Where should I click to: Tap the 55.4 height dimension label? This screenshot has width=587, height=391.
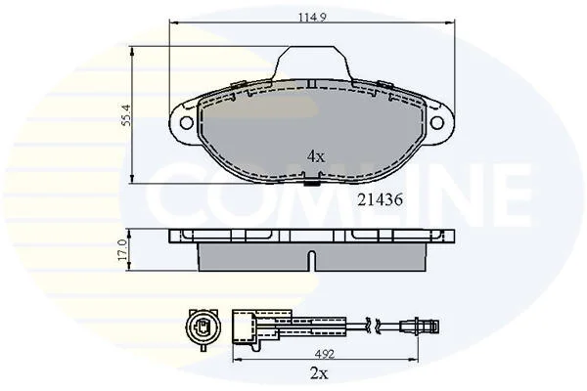127,115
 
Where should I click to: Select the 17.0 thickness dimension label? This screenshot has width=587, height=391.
122,250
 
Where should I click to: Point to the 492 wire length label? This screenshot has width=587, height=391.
325,354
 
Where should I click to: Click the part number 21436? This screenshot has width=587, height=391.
380,200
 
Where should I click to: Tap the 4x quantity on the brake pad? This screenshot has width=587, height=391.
316,156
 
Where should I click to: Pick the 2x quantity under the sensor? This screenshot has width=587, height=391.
319,373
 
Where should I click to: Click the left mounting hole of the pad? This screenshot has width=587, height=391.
186,122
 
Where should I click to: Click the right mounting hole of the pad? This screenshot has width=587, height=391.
437,122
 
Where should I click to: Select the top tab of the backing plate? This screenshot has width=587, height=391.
312,63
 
